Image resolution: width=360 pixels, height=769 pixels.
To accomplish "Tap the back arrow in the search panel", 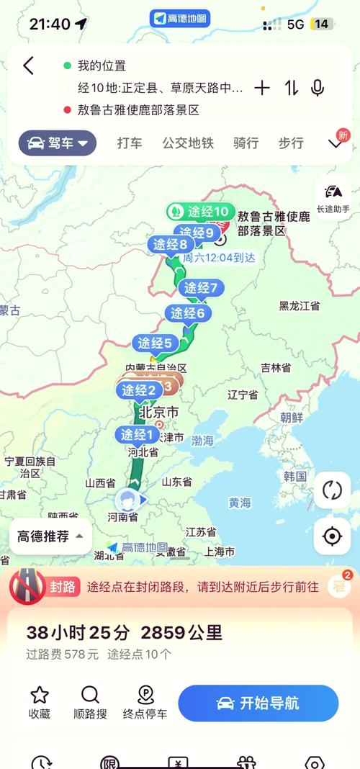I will tap(28, 66).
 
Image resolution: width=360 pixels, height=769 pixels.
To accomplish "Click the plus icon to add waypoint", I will tap(262, 88).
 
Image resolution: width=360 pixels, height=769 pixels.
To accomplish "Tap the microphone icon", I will tap(317, 88).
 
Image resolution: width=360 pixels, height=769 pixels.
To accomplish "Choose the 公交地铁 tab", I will tap(188, 143).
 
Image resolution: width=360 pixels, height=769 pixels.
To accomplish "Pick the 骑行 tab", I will tap(246, 143).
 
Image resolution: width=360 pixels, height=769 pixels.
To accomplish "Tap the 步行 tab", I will tap(291, 143).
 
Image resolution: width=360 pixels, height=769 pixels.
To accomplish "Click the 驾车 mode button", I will tap(58, 143).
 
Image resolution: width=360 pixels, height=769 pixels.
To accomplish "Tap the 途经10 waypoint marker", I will tap(200, 212).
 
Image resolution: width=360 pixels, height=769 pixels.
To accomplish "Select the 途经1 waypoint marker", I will tap(137, 435).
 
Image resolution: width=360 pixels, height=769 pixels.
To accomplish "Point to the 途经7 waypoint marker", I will tap(201, 288).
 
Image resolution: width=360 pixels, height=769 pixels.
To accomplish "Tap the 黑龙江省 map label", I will tap(300, 306).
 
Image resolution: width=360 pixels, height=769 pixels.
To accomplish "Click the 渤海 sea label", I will tap(202, 440).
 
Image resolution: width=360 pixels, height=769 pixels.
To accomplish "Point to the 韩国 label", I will tap(295, 476).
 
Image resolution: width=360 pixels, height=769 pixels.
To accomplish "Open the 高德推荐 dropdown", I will tap(50, 536).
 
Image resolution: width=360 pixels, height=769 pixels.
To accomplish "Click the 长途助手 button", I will tap(333, 197).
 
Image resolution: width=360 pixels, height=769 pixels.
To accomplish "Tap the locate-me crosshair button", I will tap(332, 536).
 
